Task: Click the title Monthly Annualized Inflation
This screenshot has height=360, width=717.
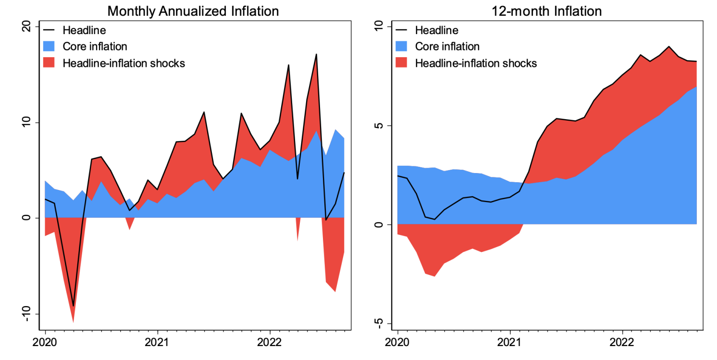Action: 193,11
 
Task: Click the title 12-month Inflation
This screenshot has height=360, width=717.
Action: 546,11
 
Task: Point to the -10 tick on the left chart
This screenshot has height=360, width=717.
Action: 28,314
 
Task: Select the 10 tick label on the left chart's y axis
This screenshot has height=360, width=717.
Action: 28,123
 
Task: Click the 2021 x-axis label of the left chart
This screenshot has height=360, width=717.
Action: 158,345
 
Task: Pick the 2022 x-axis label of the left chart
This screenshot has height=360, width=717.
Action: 270,345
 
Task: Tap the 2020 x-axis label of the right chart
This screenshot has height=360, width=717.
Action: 398,345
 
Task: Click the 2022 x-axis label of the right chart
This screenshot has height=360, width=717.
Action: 622,345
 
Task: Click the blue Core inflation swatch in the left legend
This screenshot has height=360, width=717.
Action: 50,47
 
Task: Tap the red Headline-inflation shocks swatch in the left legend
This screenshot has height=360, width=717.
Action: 50,63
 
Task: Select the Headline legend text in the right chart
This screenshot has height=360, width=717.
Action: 436,30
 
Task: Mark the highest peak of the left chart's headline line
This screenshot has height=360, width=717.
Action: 316,54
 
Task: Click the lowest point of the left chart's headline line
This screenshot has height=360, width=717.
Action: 73,306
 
